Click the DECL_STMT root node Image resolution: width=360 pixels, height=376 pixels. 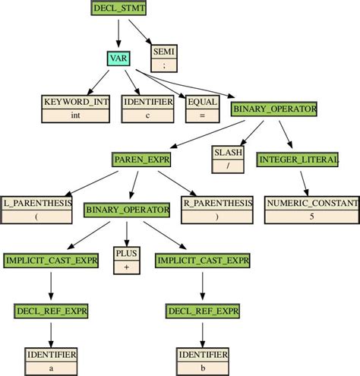(x=119, y=9)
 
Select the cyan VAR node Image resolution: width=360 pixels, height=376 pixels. (x=118, y=58)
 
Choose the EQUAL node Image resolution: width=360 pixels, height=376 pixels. (x=201, y=109)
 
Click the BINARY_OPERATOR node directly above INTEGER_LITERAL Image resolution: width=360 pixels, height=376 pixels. (x=274, y=109)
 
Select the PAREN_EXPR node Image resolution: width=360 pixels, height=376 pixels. (x=141, y=159)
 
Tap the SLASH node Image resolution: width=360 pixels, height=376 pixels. (x=223, y=159)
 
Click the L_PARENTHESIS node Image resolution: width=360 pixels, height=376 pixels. (x=37, y=210)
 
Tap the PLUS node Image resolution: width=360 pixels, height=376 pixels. (x=125, y=260)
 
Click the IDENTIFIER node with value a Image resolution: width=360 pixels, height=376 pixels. (x=50, y=361)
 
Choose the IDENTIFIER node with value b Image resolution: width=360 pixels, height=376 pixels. (x=202, y=361)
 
